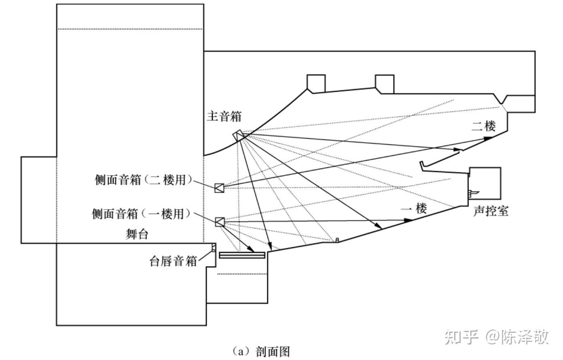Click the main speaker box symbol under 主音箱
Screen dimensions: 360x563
(x=239, y=136)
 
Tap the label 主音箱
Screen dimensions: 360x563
(x=224, y=116)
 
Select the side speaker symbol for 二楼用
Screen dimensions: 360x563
(x=219, y=188)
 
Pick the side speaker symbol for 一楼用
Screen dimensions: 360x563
(x=219, y=222)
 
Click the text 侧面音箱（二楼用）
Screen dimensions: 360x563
(x=143, y=180)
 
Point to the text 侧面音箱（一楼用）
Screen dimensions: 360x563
(x=142, y=214)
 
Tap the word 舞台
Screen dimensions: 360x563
(x=137, y=234)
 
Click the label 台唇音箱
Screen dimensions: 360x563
(x=173, y=261)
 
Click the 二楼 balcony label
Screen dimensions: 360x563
(x=483, y=126)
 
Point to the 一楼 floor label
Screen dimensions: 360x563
(x=414, y=208)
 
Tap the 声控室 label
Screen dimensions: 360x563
(x=491, y=211)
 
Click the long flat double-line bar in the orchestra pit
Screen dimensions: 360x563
(x=242, y=255)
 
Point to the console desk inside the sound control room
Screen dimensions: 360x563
(x=473, y=193)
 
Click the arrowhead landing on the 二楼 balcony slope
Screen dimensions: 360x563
(x=487, y=138)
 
